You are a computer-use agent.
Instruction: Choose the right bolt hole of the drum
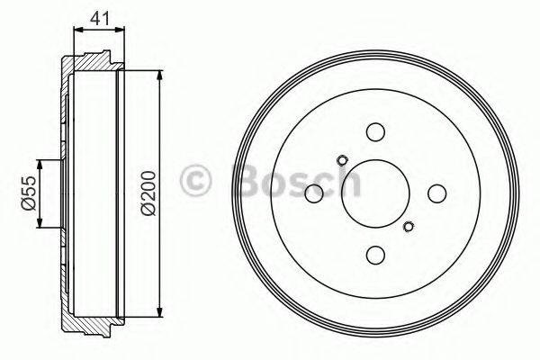(436, 193)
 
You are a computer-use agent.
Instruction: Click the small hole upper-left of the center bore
(342, 162)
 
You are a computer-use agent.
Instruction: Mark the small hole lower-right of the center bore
(408, 226)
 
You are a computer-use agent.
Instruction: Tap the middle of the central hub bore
(374, 193)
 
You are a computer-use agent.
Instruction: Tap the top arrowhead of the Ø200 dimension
(159, 72)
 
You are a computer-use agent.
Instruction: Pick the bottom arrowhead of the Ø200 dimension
(159, 317)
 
